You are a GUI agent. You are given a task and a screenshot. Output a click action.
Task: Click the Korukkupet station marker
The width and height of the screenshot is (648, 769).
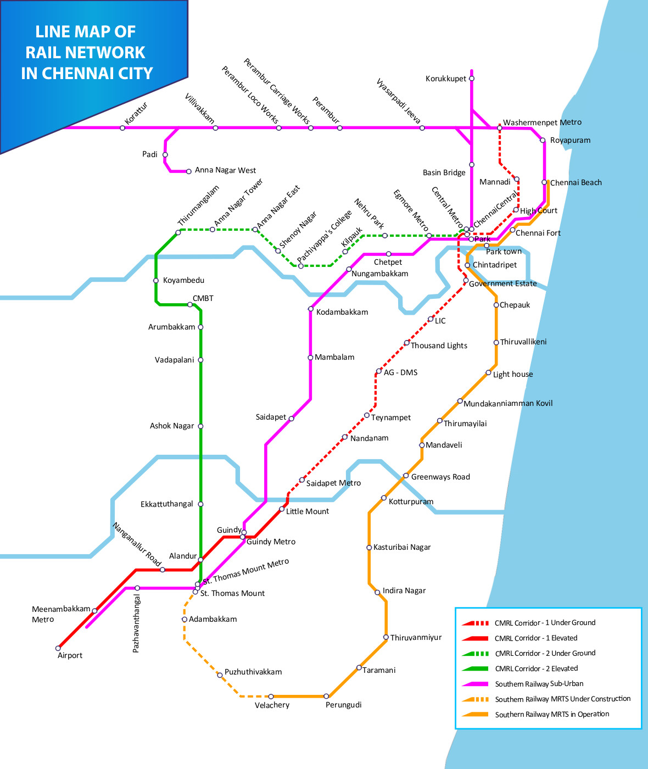(472, 79)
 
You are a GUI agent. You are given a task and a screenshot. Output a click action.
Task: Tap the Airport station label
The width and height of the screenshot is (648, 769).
(70, 655)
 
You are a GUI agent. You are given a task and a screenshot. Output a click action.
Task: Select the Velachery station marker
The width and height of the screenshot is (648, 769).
(271, 696)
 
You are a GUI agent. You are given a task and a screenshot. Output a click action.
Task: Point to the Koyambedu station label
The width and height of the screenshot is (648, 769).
(183, 280)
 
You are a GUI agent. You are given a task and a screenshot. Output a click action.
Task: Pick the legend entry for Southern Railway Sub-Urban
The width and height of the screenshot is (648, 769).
(539, 684)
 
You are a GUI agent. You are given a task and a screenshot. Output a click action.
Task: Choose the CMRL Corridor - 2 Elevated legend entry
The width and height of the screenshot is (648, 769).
(536, 668)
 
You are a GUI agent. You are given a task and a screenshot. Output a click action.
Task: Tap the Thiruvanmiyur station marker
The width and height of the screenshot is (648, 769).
(386, 637)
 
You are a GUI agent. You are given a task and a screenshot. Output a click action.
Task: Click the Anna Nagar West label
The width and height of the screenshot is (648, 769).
(225, 170)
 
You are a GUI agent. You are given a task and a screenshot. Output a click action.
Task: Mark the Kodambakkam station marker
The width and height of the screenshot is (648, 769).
(311, 309)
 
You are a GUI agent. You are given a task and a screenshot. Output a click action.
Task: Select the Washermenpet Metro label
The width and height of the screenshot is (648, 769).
(542, 122)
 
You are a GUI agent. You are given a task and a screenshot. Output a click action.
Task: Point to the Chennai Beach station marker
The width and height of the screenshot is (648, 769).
(544, 182)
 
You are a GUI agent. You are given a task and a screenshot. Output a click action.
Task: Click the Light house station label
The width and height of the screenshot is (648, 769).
(513, 374)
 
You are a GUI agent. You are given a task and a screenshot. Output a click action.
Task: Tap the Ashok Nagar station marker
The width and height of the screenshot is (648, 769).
(200, 426)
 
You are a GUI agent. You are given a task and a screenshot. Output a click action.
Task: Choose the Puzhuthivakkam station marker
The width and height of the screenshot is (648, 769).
(220, 675)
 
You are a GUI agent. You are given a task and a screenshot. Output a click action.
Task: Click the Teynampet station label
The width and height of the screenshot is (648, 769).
(390, 417)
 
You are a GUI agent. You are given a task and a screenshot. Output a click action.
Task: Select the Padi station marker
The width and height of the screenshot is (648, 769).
(165, 155)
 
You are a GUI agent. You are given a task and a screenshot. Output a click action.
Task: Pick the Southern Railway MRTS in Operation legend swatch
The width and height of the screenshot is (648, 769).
(475, 715)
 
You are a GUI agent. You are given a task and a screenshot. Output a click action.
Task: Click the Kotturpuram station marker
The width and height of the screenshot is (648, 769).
(384, 498)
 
